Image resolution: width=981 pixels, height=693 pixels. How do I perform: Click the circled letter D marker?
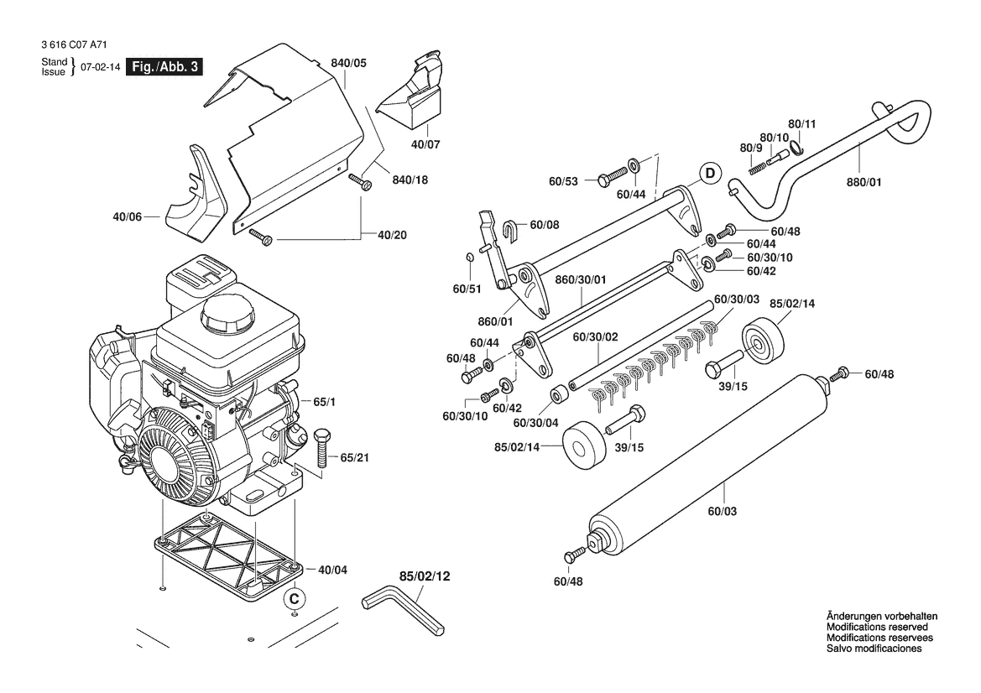[x=710, y=175]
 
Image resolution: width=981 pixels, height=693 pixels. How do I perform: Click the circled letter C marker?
[x=293, y=598]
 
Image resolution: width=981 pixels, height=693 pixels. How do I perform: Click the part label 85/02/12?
[x=425, y=576]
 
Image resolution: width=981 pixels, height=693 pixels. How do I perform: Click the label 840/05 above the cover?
[x=348, y=63]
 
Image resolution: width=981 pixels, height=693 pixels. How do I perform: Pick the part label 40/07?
[x=426, y=144]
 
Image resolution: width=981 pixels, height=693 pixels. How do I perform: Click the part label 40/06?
[x=127, y=217]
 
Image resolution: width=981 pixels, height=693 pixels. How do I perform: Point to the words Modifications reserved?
[x=877, y=627]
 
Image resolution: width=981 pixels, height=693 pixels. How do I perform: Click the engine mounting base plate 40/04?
[x=227, y=555]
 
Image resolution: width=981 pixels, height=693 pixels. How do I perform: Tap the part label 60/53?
[x=563, y=180]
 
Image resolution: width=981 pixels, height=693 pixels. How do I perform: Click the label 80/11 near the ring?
[x=801, y=123]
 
